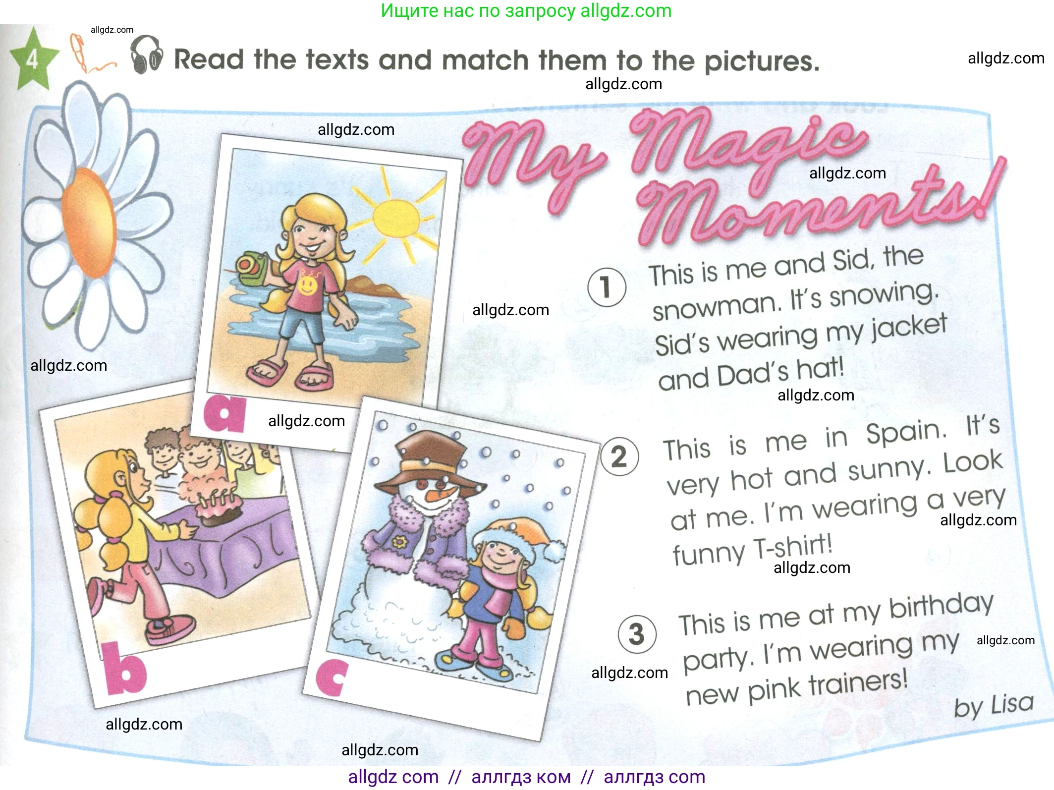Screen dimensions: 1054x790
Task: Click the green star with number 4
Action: click(33, 59)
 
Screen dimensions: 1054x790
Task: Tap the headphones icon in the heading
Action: click(147, 55)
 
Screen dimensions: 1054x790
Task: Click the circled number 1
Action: click(607, 287)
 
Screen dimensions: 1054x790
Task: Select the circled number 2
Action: click(619, 457)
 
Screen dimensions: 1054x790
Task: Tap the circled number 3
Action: click(637, 634)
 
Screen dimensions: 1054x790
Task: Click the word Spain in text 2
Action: click(906, 433)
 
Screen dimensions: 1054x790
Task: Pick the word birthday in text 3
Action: click(942, 607)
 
